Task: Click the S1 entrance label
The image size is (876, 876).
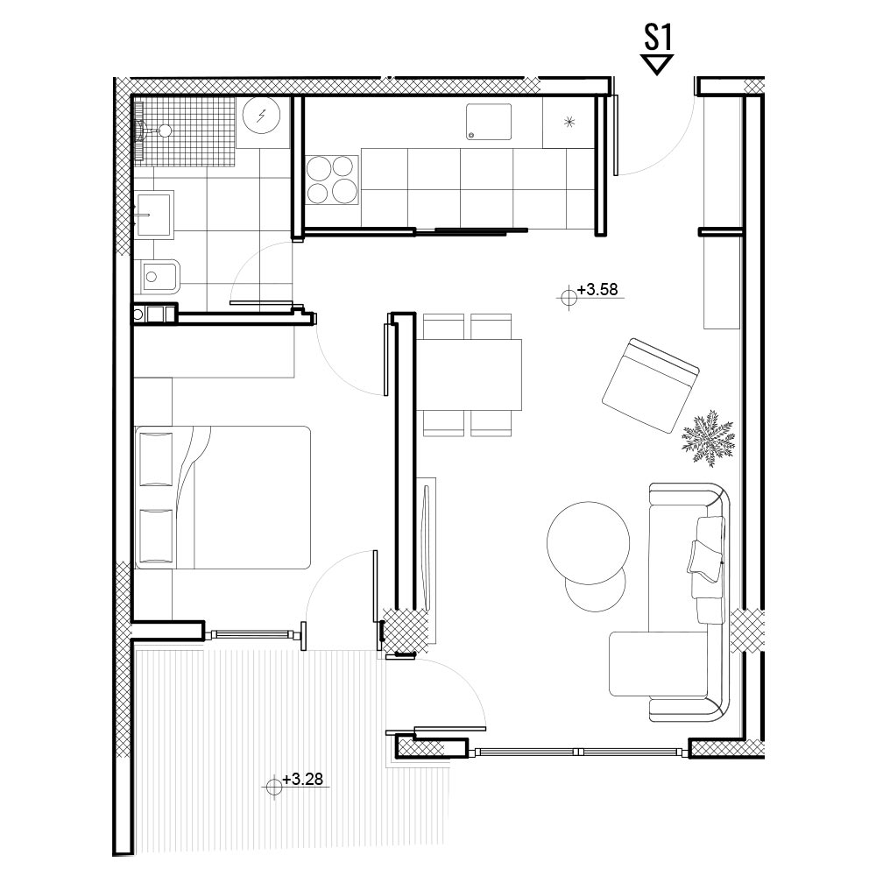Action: (x=658, y=38)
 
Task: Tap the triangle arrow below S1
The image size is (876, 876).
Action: (x=657, y=64)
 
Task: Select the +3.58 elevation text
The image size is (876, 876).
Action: (x=597, y=289)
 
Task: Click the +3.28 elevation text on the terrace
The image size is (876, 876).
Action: (x=303, y=779)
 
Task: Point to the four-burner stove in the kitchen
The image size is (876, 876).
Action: (x=332, y=180)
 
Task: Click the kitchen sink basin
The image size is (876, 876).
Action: (x=489, y=122)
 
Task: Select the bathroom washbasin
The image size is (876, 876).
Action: (x=153, y=215)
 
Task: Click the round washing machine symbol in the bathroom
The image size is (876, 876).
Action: (x=261, y=115)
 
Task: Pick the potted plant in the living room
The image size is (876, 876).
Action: (x=709, y=438)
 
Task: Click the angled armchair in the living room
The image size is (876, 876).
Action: (x=650, y=385)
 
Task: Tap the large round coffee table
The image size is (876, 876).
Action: (x=589, y=543)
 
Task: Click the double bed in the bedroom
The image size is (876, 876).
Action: (x=223, y=498)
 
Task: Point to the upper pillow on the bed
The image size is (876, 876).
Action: (x=156, y=459)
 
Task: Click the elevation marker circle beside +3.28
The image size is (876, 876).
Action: (x=273, y=786)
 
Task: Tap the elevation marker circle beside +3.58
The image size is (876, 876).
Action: (x=569, y=297)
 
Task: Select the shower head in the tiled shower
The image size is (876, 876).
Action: (x=165, y=131)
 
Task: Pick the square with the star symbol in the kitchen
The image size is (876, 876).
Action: (x=569, y=123)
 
